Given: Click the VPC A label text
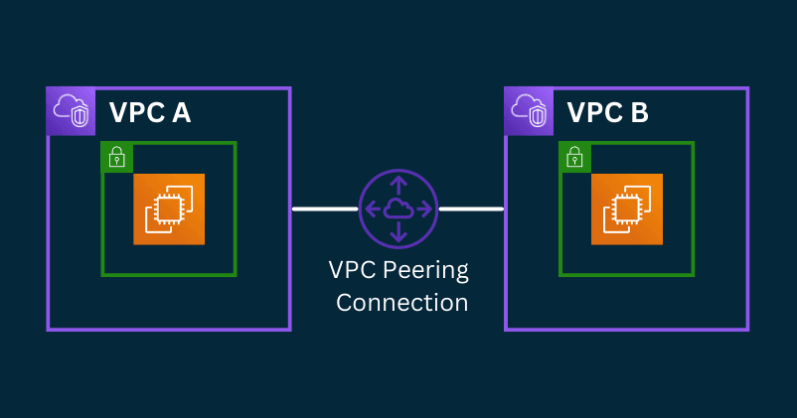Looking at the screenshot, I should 149,112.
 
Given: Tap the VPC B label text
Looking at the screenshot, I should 607,112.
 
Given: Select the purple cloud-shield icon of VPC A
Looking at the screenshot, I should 71,111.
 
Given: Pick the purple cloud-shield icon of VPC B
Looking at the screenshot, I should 529,111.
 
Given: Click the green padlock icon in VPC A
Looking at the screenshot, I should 116,156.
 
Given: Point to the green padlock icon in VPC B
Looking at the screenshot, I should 574,156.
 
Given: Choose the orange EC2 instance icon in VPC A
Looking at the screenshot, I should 169,209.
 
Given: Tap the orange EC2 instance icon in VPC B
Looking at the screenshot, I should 626,209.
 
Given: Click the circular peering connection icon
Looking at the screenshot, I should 398,209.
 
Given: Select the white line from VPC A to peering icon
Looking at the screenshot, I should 325,209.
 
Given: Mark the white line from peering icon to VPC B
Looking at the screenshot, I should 471,209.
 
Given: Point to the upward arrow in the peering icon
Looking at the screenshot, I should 398,184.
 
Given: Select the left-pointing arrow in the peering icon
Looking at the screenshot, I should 373,209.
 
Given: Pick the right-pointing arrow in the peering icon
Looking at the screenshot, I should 424,209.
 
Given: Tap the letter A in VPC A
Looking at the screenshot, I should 181,112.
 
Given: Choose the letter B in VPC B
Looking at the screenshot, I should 638,112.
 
